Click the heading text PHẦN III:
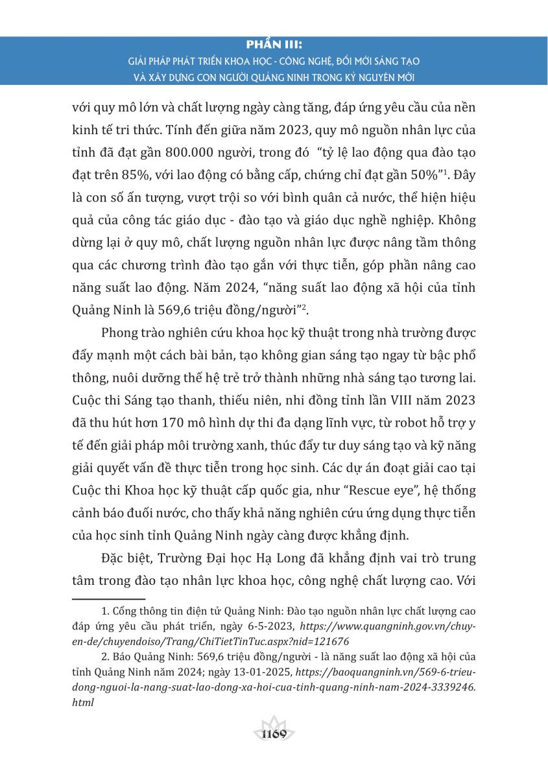[x=274, y=47]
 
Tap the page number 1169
[x=274, y=734]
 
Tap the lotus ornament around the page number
[x=274, y=731]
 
